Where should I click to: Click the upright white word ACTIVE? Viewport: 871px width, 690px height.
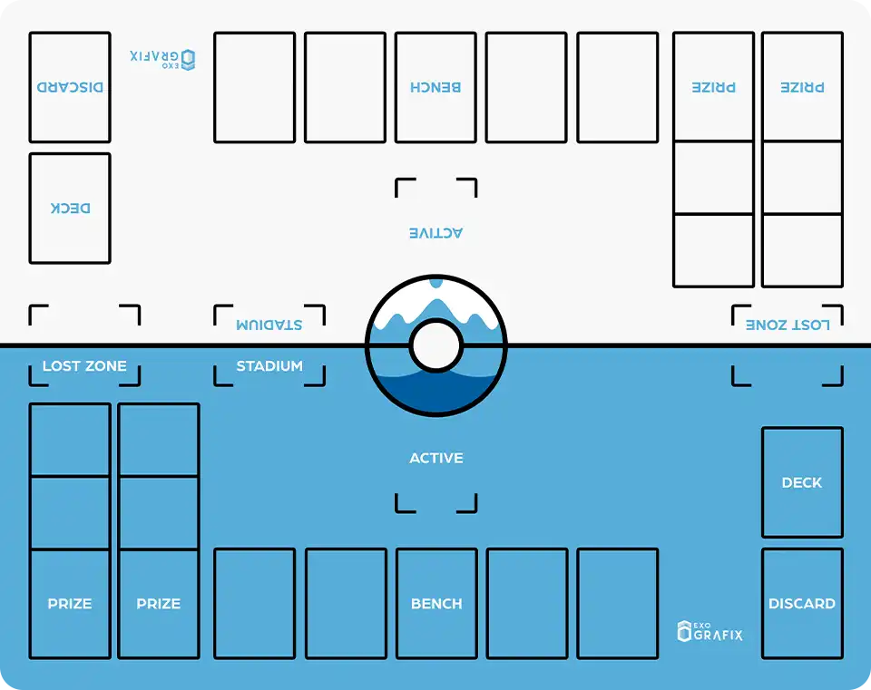[x=436, y=458]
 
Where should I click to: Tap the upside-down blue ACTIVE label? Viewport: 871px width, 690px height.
[x=436, y=233]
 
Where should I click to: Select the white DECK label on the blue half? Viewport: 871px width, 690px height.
[x=802, y=482]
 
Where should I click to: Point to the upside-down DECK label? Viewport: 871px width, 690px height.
[x=70, y=208]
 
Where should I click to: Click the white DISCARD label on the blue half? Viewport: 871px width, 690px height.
[x=802, y=603]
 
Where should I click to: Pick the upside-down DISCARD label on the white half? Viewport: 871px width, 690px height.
[x=70, y=87]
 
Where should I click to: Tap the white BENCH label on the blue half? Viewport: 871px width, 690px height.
[x=436, y=603]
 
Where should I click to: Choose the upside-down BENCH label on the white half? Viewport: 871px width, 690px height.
[x=435, y=87]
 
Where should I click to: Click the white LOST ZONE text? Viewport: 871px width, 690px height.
[x=84, y=366]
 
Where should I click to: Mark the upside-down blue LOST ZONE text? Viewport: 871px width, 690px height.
[x=788, y=325]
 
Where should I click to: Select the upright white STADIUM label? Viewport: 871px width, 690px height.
[x=269, y=366]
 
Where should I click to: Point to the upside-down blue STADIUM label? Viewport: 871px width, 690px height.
[x=269, y=325]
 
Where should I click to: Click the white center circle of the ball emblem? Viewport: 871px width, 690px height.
[x=436, y=345]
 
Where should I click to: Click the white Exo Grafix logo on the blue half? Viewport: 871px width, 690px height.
[x=710, y=631]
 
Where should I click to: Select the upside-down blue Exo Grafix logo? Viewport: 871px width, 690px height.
[x=162, y=59]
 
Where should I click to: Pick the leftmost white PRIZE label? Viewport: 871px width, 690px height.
[x=70, y=603]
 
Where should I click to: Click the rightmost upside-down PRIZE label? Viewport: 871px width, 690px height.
[x=802, y=87]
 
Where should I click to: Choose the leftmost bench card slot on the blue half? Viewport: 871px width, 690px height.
[x=254, y=603]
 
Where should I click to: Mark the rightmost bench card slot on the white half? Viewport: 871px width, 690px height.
[x=617, y=87]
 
